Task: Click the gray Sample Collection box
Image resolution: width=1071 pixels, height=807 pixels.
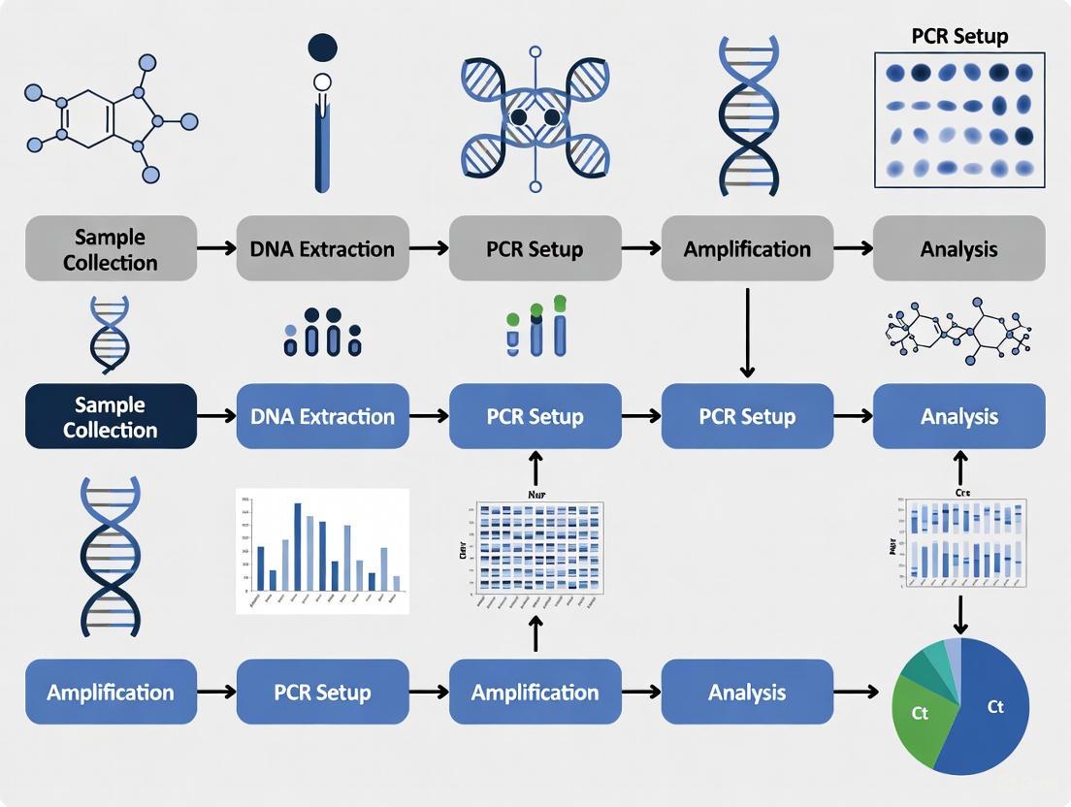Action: (111, 249)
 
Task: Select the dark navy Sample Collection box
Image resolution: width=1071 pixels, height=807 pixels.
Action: (111, 417)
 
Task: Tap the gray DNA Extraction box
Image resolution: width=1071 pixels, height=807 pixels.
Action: (322, 249)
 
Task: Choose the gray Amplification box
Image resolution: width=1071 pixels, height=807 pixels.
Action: (747, 249)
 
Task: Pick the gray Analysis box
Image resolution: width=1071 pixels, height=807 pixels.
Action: (958, 249)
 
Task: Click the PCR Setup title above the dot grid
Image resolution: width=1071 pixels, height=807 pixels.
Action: (959, 37)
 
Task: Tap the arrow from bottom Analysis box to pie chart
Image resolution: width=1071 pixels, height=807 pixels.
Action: (861, 693)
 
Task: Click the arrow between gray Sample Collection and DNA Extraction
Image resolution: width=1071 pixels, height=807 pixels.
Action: (216, 249)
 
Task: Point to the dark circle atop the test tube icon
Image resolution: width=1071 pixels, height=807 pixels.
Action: (322, 48)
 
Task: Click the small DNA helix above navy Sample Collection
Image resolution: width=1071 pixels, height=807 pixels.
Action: (109, 335)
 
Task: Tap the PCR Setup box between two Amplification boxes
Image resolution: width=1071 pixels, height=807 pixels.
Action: (322, 693)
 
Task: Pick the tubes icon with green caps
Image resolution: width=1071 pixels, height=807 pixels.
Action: (535, 326)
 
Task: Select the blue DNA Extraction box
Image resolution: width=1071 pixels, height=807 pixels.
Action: (322, 417)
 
